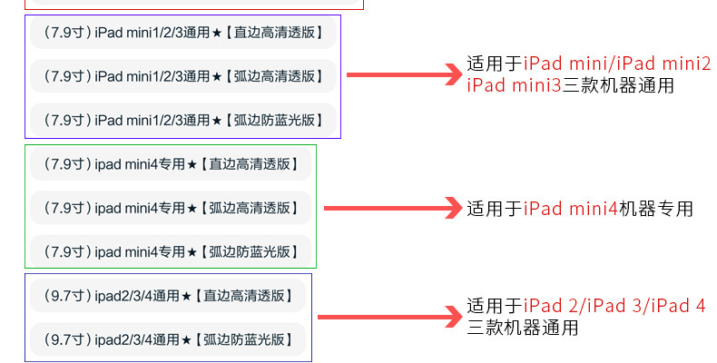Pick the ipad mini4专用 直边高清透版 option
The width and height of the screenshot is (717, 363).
coord(171,164)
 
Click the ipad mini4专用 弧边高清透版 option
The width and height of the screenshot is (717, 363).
coord(171,208)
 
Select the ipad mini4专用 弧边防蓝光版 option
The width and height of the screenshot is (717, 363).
coord(171,250)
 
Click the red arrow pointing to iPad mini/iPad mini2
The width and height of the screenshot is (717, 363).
coord(405,74)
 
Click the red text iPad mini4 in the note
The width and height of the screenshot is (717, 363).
coord(570,210)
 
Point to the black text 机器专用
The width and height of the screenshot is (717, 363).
coord(655,210)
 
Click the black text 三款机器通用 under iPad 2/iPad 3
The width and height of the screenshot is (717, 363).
coord(522,328)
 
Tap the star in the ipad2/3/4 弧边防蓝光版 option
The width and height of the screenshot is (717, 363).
coord(186,340)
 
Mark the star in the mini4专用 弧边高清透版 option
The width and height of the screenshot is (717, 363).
coord(192,209)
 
